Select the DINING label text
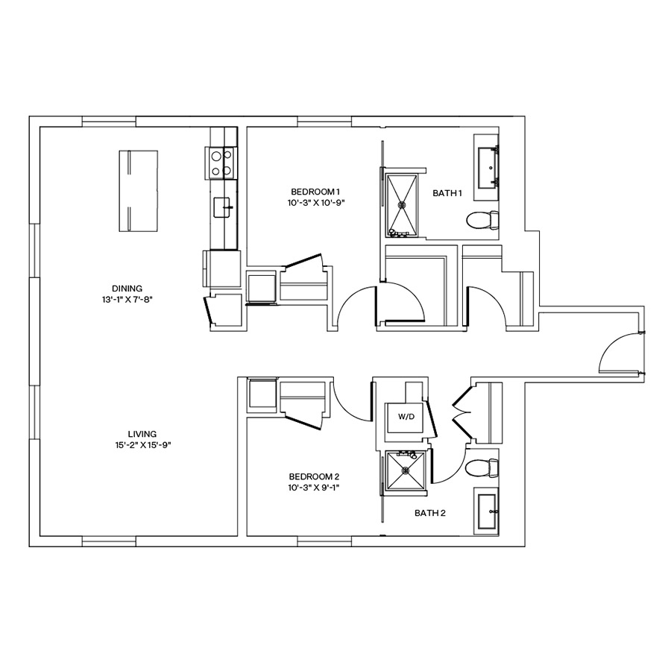(x=127, y=289)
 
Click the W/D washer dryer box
(x=406, y=418)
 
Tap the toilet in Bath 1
(x=482, y=220)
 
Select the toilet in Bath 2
(x=481, y=469)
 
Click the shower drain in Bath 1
(x=403, y=204)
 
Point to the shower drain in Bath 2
(x=406, y=470)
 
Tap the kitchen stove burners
(x=221, y=164)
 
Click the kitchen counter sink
(x=222, y=207)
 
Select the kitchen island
(x=138, y=190)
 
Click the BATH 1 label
(x=447, y=194)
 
